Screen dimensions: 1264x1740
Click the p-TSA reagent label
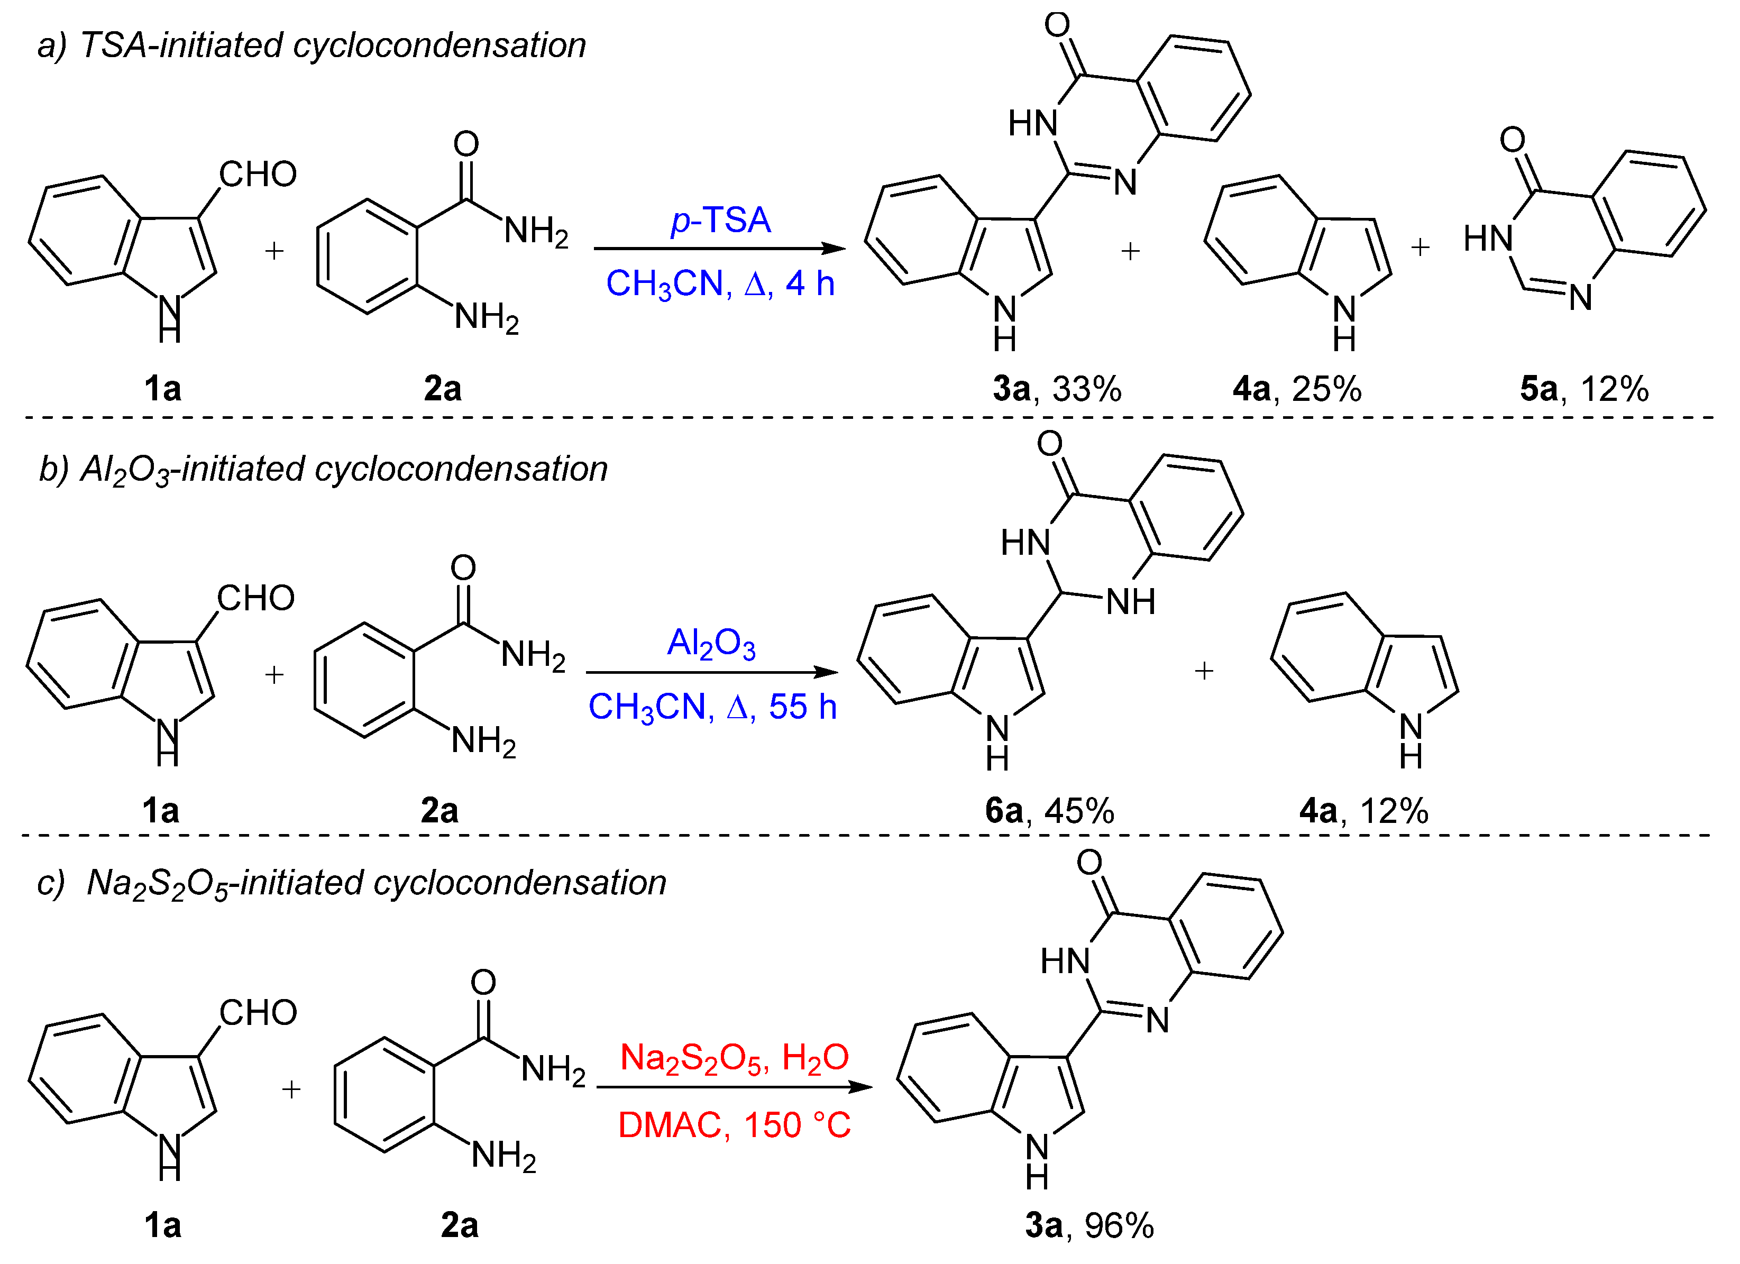tap(720, 220)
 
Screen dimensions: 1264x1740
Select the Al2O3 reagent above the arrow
tap(711, 643)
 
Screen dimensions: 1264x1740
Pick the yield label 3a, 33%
tap(1057, 389)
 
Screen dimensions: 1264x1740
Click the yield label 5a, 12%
tap(1583, 389)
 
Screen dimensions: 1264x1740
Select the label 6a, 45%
tap(1049, 811)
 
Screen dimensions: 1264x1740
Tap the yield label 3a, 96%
tap(1088, 1225)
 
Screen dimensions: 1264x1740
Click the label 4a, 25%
tap(1297, 389)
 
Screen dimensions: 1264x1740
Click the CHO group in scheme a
tap(258, 174)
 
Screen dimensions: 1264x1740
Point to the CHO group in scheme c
tap(258, 1012)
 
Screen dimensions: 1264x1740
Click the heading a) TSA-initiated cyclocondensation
tap(312, 45)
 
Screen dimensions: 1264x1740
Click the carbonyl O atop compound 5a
tap(1512, 140)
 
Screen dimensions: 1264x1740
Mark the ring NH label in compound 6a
tap(1130, 602)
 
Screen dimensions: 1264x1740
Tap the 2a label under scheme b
tap(439, 811)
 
